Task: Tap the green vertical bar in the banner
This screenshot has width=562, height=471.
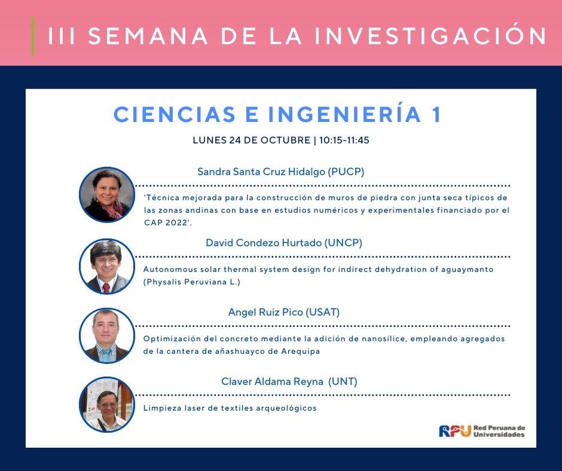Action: click(33, 36)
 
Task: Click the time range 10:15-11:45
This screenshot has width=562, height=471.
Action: click(344, 140)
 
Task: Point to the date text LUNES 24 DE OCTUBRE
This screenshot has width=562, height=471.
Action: click(252, 140)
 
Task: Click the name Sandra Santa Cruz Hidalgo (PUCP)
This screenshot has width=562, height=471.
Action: click(280, 172)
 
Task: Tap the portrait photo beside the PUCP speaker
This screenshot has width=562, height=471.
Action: click(107, 195)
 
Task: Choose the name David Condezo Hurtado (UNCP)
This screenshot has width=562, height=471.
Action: click(284, 243)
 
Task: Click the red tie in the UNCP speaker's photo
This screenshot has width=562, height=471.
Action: click(106, 288)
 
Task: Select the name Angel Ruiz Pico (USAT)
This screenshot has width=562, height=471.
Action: click(284, 312)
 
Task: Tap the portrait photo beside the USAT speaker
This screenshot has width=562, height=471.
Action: click(107, 335)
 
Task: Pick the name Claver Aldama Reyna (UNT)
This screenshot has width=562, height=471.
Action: click(289, 381)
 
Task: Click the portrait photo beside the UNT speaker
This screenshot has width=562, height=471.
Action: click(107, 404)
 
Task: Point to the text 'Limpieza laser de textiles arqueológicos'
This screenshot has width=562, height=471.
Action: click(230, 408)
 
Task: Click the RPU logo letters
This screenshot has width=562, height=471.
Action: click(455, 431)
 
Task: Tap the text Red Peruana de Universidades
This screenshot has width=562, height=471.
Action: click(499, 431)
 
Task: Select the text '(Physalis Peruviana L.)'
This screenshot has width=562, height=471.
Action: click(192, 282)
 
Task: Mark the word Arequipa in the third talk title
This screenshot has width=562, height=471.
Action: click(300, 351)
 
